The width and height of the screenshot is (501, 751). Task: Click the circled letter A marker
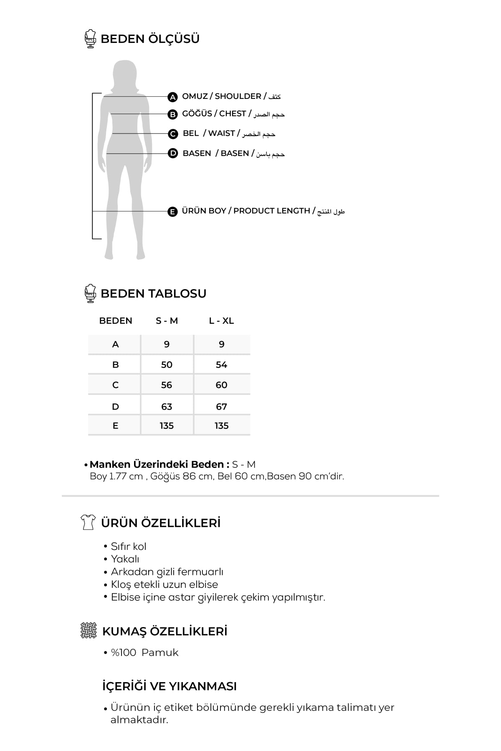172,97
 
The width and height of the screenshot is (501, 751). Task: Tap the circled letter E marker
172,212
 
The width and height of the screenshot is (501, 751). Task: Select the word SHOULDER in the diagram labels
238,96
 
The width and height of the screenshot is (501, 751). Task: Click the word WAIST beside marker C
221,134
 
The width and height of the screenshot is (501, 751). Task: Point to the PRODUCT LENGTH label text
271,211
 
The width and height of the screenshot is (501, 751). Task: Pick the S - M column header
167,321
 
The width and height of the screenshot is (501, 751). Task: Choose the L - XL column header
221,321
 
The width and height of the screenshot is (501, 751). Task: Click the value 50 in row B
167,365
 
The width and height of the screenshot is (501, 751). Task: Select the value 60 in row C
221,385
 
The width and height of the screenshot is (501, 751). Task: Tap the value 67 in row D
221,407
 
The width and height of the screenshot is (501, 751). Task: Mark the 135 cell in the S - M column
167,426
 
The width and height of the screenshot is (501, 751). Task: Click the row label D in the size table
116,407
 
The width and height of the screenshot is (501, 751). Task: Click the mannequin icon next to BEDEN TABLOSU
90,293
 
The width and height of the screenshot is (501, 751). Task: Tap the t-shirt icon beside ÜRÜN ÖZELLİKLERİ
88,522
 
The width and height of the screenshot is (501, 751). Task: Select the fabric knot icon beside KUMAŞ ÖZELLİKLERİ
88,630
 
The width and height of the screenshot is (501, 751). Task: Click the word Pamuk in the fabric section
160,653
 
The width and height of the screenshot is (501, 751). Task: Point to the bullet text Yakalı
125,559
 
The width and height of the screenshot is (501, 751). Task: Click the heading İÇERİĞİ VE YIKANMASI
170,686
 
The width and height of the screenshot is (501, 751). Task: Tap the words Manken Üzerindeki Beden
159,465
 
